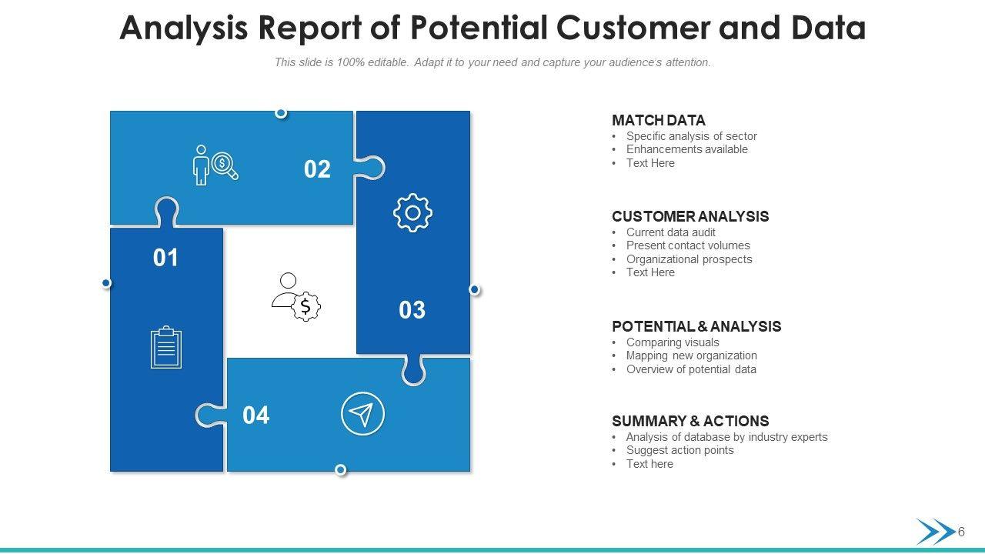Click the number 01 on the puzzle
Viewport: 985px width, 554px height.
[x=165, y=258]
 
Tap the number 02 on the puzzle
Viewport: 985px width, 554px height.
[x=317, y=169]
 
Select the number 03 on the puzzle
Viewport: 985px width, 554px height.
[x=412, y=309]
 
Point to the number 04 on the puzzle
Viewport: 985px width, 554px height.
[x=256, y=415]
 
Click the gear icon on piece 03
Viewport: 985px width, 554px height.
[x=412, y=213]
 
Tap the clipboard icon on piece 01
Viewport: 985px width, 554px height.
[x=166, y=347]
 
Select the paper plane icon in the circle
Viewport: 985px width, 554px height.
[x=362, y=414]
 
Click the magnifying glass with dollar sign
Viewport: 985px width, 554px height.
[x=225, y=165]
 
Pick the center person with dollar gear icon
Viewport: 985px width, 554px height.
[x=296, y=297]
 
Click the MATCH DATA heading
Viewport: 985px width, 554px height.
[x=659, y=121]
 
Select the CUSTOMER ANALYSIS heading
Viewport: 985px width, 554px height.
[x=690, y=216]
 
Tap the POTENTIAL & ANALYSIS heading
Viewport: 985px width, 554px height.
[x=696, y=326]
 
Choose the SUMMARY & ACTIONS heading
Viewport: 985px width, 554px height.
[x=690, y=421]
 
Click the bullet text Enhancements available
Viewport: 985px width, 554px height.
[x=687, y=149]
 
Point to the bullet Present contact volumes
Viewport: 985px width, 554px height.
[x=688, y=245]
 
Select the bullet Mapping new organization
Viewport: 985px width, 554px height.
[x=692, y=355]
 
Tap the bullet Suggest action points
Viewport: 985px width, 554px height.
[x=679, y=450]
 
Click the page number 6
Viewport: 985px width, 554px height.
[x=961, y=532]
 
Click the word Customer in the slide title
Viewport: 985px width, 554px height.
[x=633, y=27]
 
